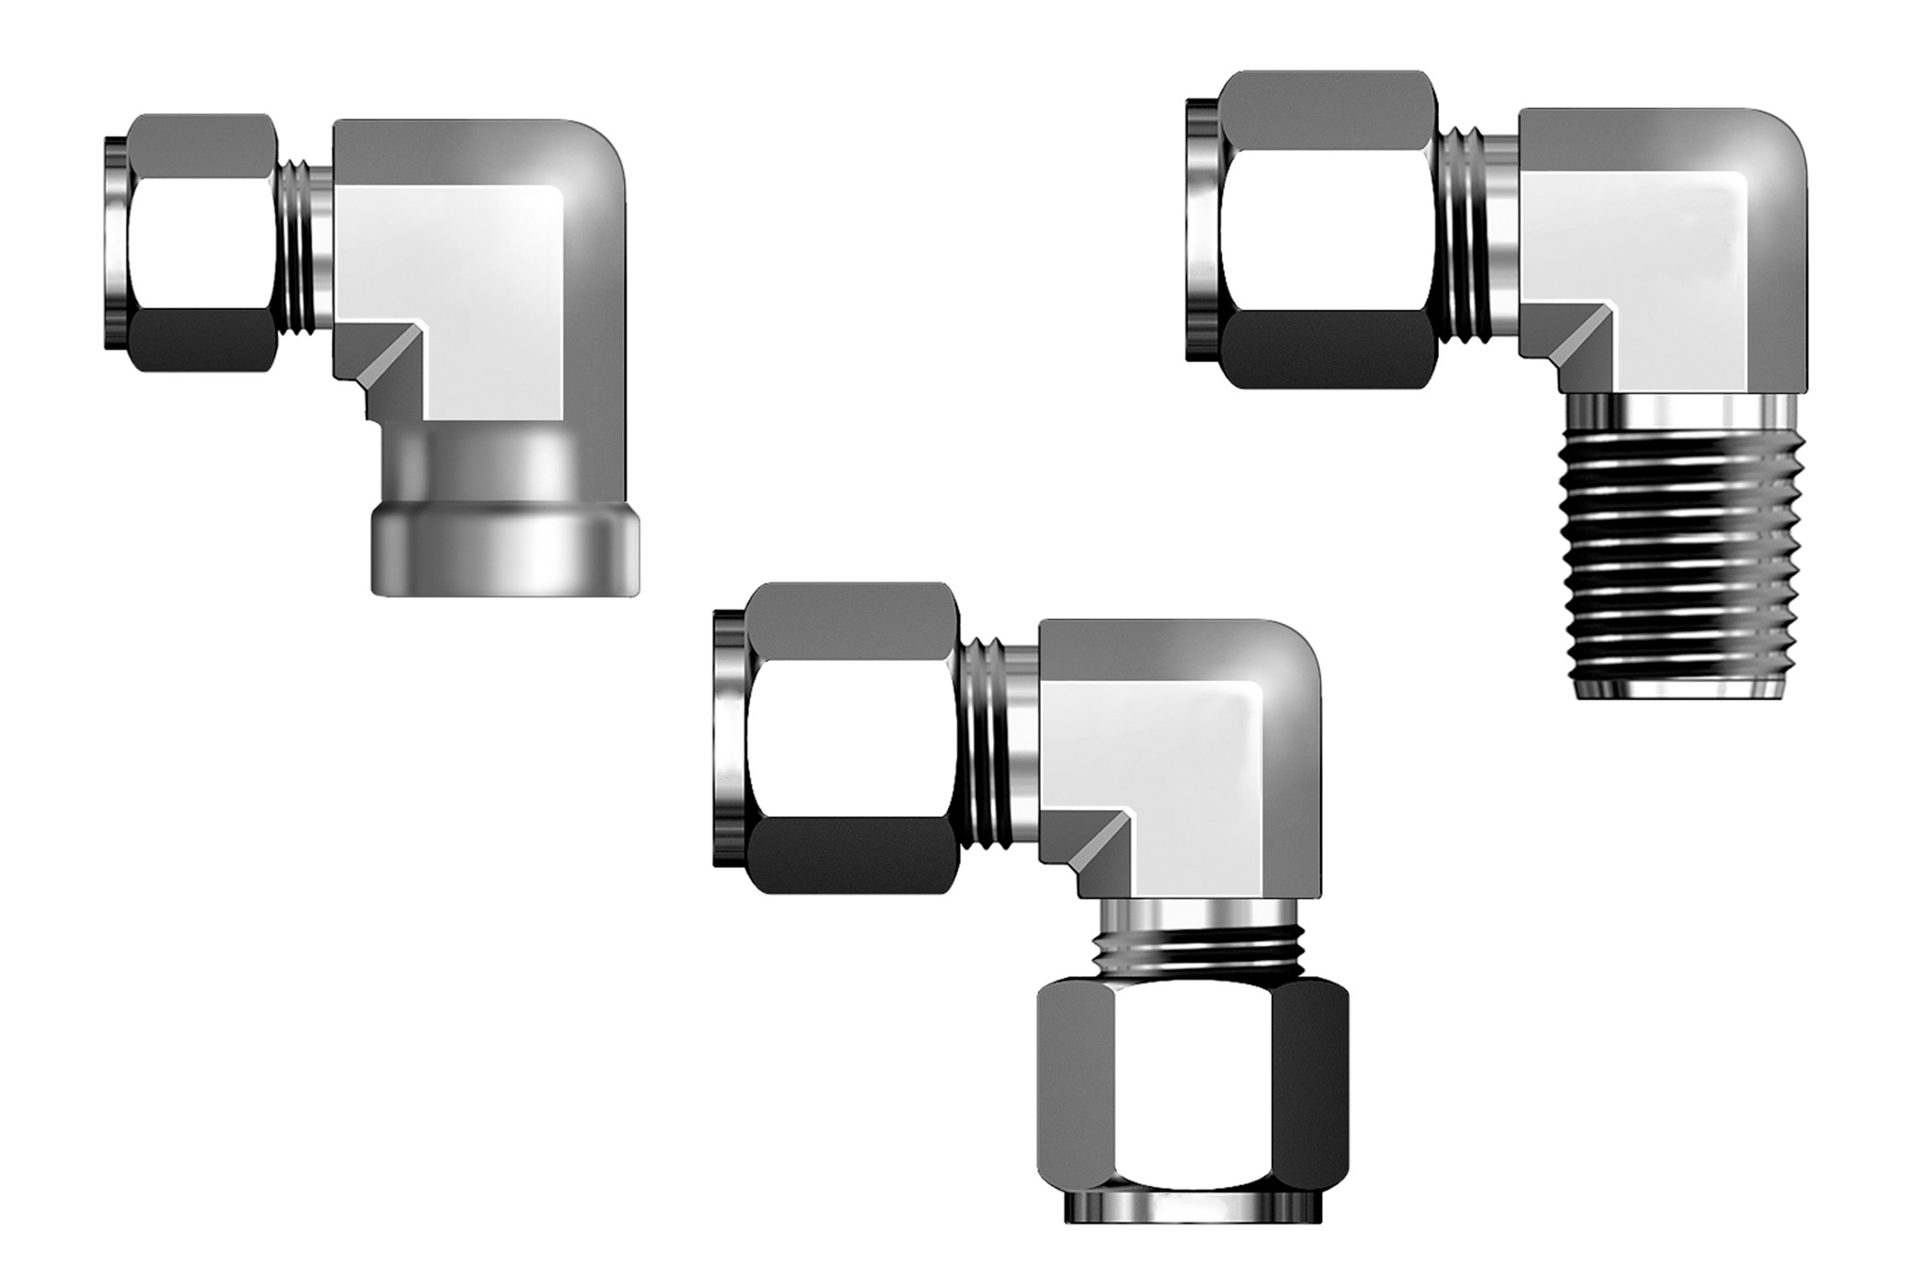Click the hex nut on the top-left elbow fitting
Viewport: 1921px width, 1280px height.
(x=203, y=242)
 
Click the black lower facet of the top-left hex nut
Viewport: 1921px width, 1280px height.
(x=203, y=343)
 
